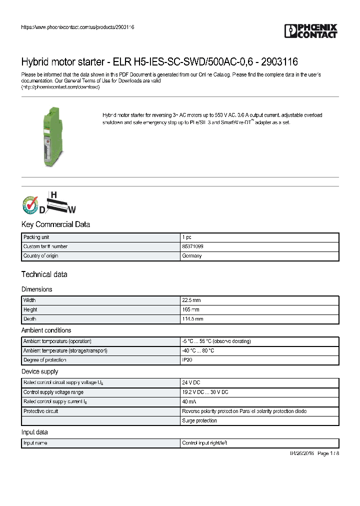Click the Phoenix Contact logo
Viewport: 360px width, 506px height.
(311, 30)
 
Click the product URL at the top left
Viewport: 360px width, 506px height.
(77, 27)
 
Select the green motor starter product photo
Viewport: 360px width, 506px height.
(52, 136)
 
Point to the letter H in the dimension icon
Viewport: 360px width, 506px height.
(52, 194)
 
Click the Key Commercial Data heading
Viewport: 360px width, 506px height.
(55, 224)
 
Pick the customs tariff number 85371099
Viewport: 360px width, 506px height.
(192, 246)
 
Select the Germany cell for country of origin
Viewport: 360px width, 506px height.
(191, 256)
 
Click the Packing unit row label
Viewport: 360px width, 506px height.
(36, 237)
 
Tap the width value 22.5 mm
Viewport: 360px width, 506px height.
(191, 300)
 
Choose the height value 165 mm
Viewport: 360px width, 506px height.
(190, 309)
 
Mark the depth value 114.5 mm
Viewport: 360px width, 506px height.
(192, 318)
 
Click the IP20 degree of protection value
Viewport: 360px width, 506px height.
(186, 360)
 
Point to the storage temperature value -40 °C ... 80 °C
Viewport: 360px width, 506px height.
(198, 350)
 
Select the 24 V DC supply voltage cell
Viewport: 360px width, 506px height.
(191, 382)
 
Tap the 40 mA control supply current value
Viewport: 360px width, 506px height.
(189, 401)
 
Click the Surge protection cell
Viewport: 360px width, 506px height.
(199, 420)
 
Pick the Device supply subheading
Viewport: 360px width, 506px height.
(39, 371)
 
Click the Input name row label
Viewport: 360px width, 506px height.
(35, 443)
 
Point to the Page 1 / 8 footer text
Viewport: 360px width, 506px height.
(328, 453)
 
